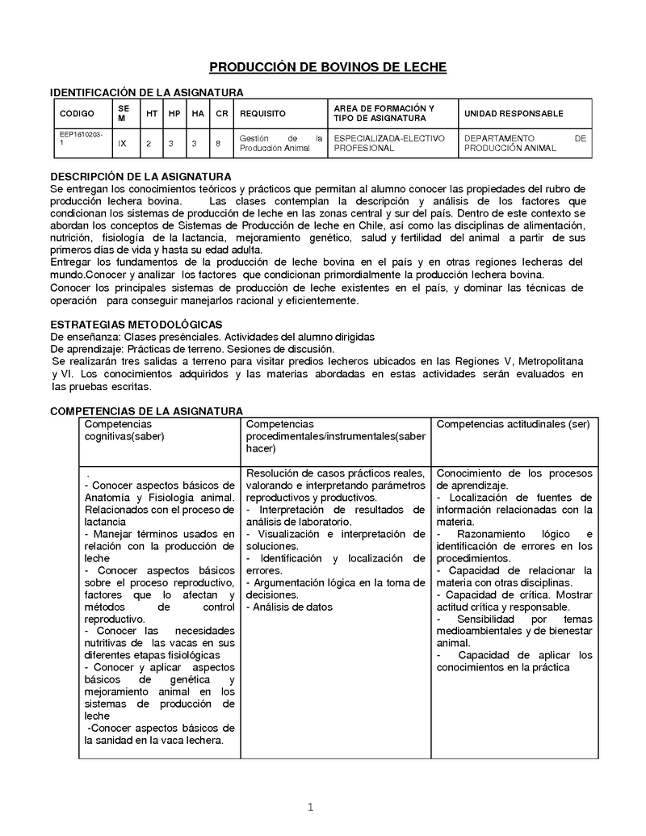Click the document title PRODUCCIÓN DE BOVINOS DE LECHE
[x=328, y=67]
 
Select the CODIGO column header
[x=77, y=114]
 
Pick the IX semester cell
[x=122, y=143]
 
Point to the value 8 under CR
[x=218, y=143]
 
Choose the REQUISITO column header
[x=262, y=114]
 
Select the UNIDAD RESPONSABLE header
[x=514, y=114]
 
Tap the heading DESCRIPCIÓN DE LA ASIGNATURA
[x=141, y=176]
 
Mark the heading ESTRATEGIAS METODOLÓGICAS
[x=131, y=324]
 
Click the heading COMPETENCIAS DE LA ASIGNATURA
[x=146, y=411]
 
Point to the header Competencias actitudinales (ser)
[x=513, y=424]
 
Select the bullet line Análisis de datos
[x=292, y=607]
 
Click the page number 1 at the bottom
[x=310, y=806]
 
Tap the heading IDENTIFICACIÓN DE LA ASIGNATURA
[x=147, y=93]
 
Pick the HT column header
[x=151, y=114]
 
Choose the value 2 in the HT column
[x=149, y=143]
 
